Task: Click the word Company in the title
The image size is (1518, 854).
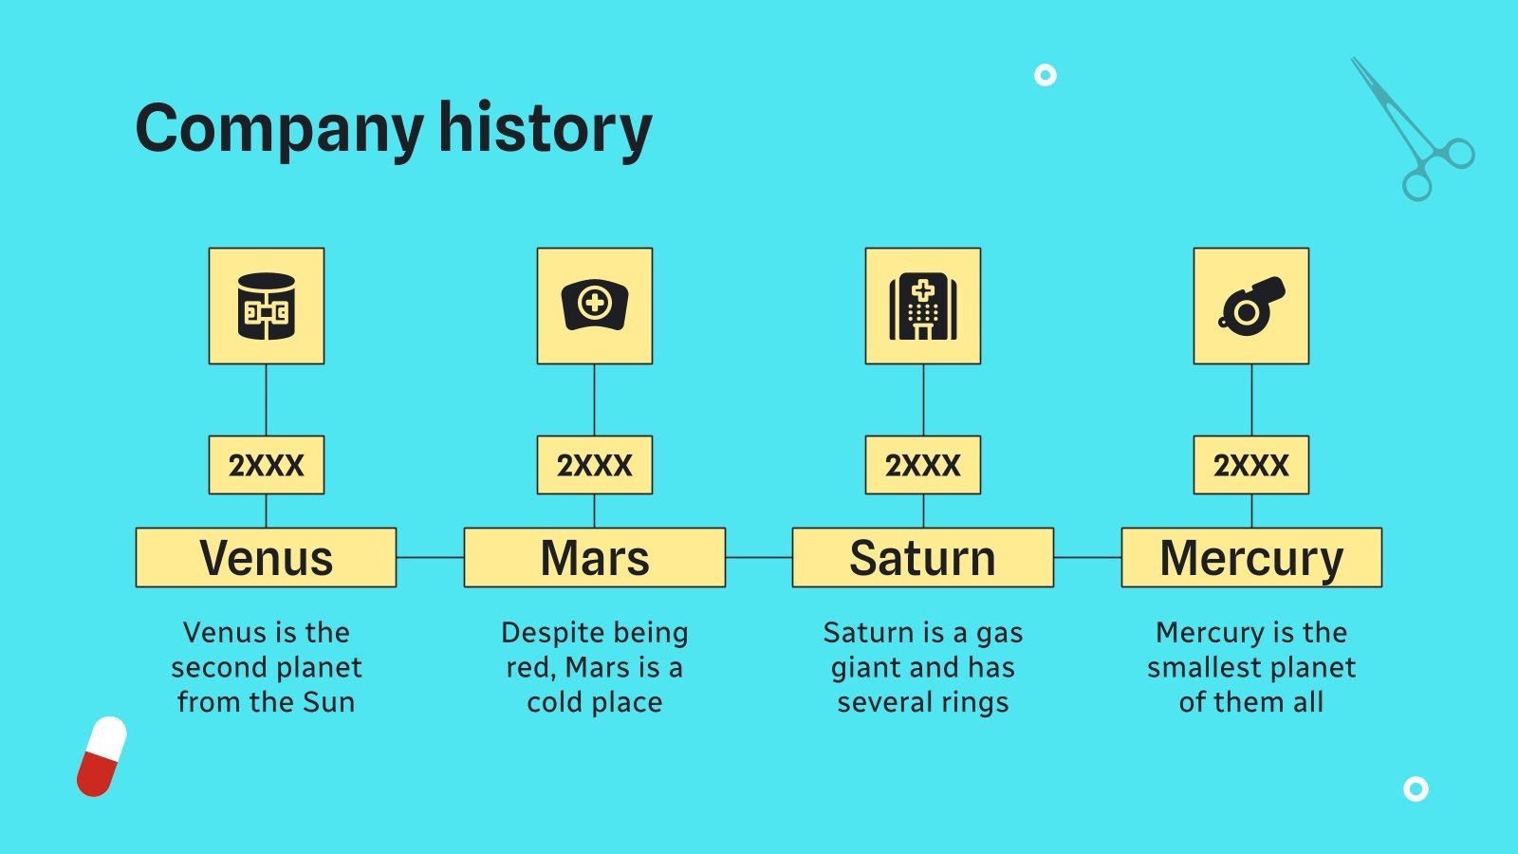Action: coord(279,129)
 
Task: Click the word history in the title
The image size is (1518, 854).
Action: coord(545,129)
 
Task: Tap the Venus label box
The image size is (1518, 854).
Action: coord(267,557)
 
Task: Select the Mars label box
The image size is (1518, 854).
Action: coord(594,557)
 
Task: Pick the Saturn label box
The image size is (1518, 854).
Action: coord(923,557)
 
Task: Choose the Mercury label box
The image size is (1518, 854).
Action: coord(1251,557)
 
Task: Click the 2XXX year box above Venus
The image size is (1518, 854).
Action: coord(267,465)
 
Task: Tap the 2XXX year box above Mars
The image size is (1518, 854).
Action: coord(594,465)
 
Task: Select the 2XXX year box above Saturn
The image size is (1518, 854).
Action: coord(923,465)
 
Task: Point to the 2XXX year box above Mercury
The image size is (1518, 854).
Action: coord(1251,465)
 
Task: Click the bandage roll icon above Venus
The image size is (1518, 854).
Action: coord(267,306)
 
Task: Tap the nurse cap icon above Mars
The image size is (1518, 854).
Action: coord(594,306)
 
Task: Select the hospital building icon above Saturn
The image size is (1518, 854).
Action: coord(923,306)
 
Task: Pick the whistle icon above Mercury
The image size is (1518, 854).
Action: coord(1251,306)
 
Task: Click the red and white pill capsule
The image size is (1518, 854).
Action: coord(102,756)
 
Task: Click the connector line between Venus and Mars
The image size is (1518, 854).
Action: coord(431,557)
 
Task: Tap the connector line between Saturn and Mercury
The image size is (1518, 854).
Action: coord(1087,557)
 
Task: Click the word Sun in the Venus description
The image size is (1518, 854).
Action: coord(328,702)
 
